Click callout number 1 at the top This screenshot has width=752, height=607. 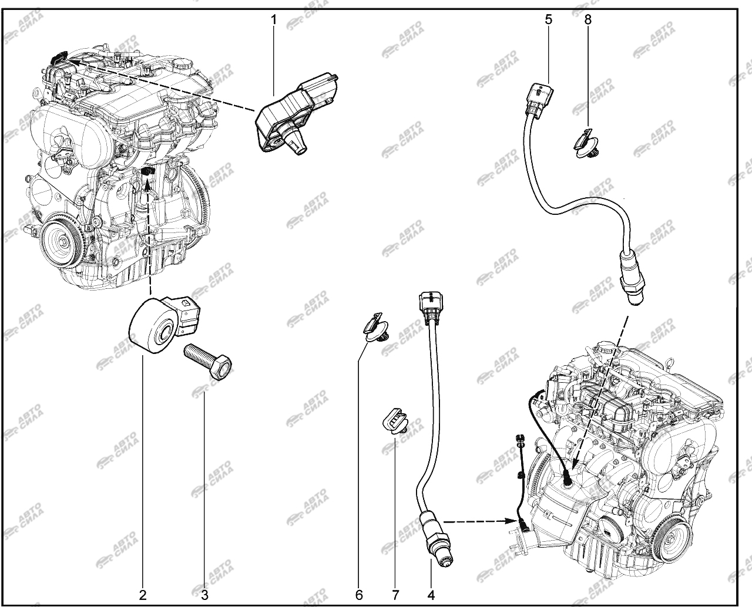[x=273, y=20]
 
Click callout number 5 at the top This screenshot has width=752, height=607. [x=548, y=20]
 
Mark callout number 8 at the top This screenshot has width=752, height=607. [x=587, y=20]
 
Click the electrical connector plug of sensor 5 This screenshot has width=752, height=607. [x=538, y=99]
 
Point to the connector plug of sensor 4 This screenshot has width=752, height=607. [x=431, y=308]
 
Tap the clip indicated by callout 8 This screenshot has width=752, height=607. [x=586, y=143]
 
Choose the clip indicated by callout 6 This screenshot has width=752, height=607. [x=376, y=328]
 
